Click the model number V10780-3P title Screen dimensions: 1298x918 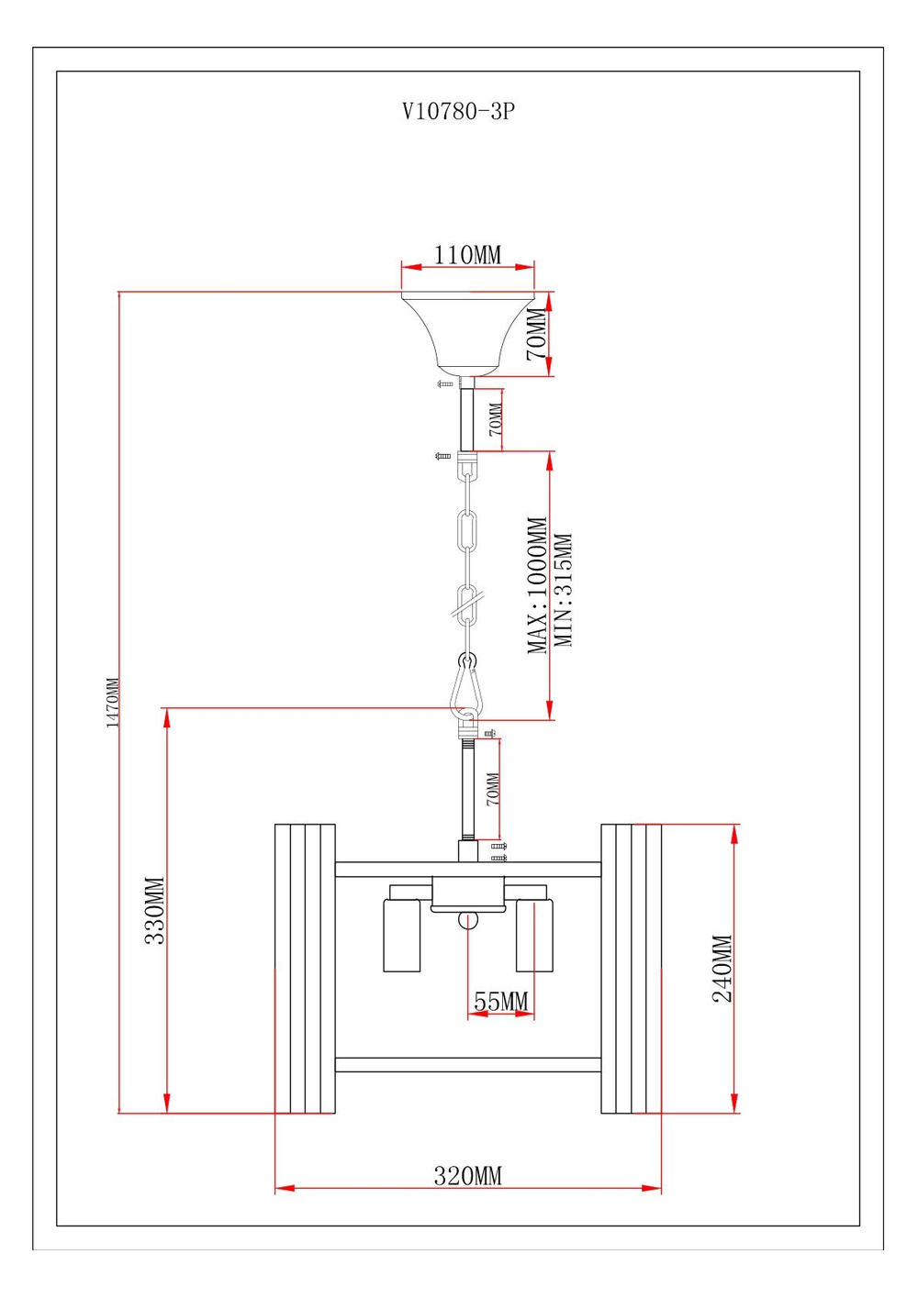[458, 112]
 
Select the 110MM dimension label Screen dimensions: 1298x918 [467, 255]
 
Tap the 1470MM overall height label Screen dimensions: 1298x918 [113, 703]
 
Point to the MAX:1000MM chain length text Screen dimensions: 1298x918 [537, 585]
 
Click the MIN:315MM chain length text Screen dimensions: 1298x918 [564, 591]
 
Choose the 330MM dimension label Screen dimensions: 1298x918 [154, 911]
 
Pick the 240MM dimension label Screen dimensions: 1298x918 [722, 969]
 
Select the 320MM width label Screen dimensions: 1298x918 [467, 1176]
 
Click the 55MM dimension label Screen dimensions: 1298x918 [500, 1003]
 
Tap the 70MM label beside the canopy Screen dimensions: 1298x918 [536, 334]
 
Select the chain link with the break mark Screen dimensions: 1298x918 [467, 605]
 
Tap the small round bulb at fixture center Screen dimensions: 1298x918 [468, 920]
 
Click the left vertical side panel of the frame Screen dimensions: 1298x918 [305, 969]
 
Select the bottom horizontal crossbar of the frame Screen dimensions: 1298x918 [468, 1065]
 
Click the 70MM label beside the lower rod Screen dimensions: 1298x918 [493, 789]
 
